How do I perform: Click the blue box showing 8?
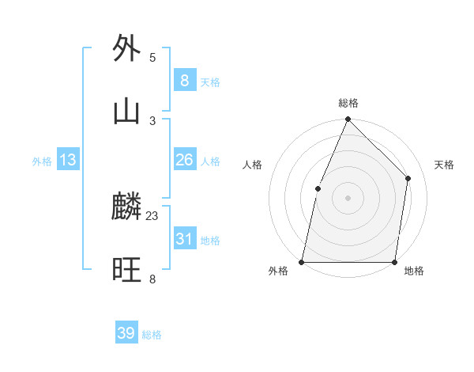184,80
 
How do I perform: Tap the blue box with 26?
184,160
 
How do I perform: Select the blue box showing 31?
184,239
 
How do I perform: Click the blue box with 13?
68,160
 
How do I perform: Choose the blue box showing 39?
126,333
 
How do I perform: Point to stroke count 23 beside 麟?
152,215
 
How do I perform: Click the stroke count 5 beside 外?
152,57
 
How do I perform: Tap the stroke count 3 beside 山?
152,120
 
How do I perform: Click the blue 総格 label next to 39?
152,335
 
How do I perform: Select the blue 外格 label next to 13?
42,161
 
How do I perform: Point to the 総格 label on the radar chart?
348,103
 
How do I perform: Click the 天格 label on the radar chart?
445,165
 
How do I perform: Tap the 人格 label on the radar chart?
252,165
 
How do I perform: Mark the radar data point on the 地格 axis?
395,261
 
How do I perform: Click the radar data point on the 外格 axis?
302,261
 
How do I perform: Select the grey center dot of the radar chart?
348,197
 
